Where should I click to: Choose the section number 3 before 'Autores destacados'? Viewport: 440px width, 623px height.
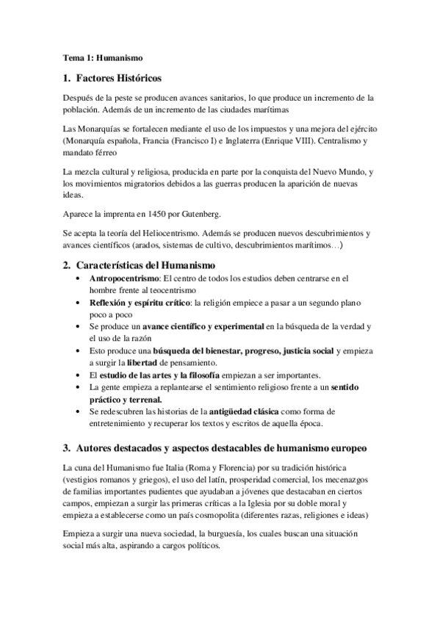(x=65, y=447)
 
